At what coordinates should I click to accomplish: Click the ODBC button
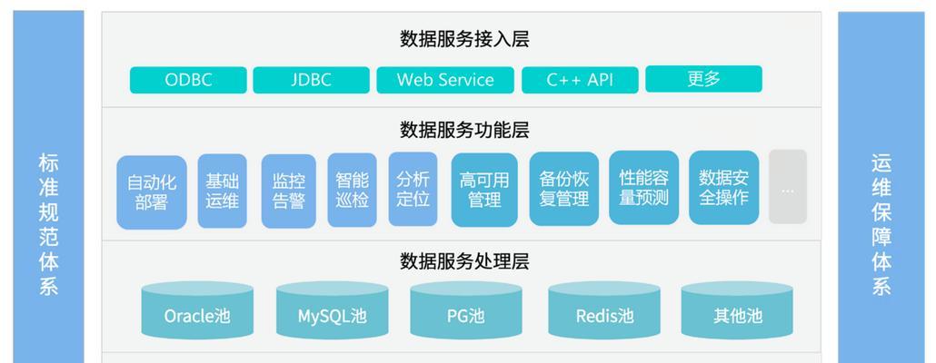point(188,80)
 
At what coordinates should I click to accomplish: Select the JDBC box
point(311,80)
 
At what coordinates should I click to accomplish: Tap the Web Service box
point(444,80)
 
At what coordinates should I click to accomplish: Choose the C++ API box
point(580,80)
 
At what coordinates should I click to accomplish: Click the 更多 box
point(703,79)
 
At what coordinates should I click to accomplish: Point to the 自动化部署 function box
point(152,191)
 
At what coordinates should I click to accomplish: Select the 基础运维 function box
point(222,191)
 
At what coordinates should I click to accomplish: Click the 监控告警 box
point(289,191)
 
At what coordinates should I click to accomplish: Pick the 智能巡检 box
point(353,191)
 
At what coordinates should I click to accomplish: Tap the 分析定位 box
point(413,189)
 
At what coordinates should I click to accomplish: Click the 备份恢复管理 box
point(564,189)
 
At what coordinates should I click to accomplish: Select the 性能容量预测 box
point(644,188)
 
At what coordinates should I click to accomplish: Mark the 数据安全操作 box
point(724,188)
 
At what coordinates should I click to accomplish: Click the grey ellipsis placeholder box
point(788,187)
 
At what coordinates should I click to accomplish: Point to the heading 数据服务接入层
point(464,39)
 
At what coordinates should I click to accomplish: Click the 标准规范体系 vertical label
point(48,224)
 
